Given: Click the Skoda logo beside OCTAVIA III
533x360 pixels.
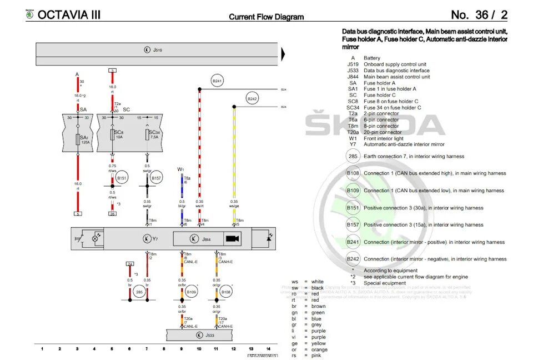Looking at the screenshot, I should pos(29,15).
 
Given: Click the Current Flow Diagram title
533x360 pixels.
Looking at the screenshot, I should pos(266,17).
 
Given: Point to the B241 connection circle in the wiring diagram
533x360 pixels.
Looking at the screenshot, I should pos(217,81).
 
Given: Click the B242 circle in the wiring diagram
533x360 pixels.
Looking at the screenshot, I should pos(252,99).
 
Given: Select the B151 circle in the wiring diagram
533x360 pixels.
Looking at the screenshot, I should pos(121,178).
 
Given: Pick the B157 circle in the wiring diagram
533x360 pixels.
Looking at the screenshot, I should pos(156,178).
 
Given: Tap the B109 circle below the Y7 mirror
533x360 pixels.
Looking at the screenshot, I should pos(192,291).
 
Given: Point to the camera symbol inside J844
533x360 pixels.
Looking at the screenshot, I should pos(232,239).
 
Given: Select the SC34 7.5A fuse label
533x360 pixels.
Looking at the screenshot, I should pos(155,134).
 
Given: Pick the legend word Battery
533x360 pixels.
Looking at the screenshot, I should pos(372,58).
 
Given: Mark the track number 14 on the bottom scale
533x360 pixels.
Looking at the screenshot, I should pos(268,349).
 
